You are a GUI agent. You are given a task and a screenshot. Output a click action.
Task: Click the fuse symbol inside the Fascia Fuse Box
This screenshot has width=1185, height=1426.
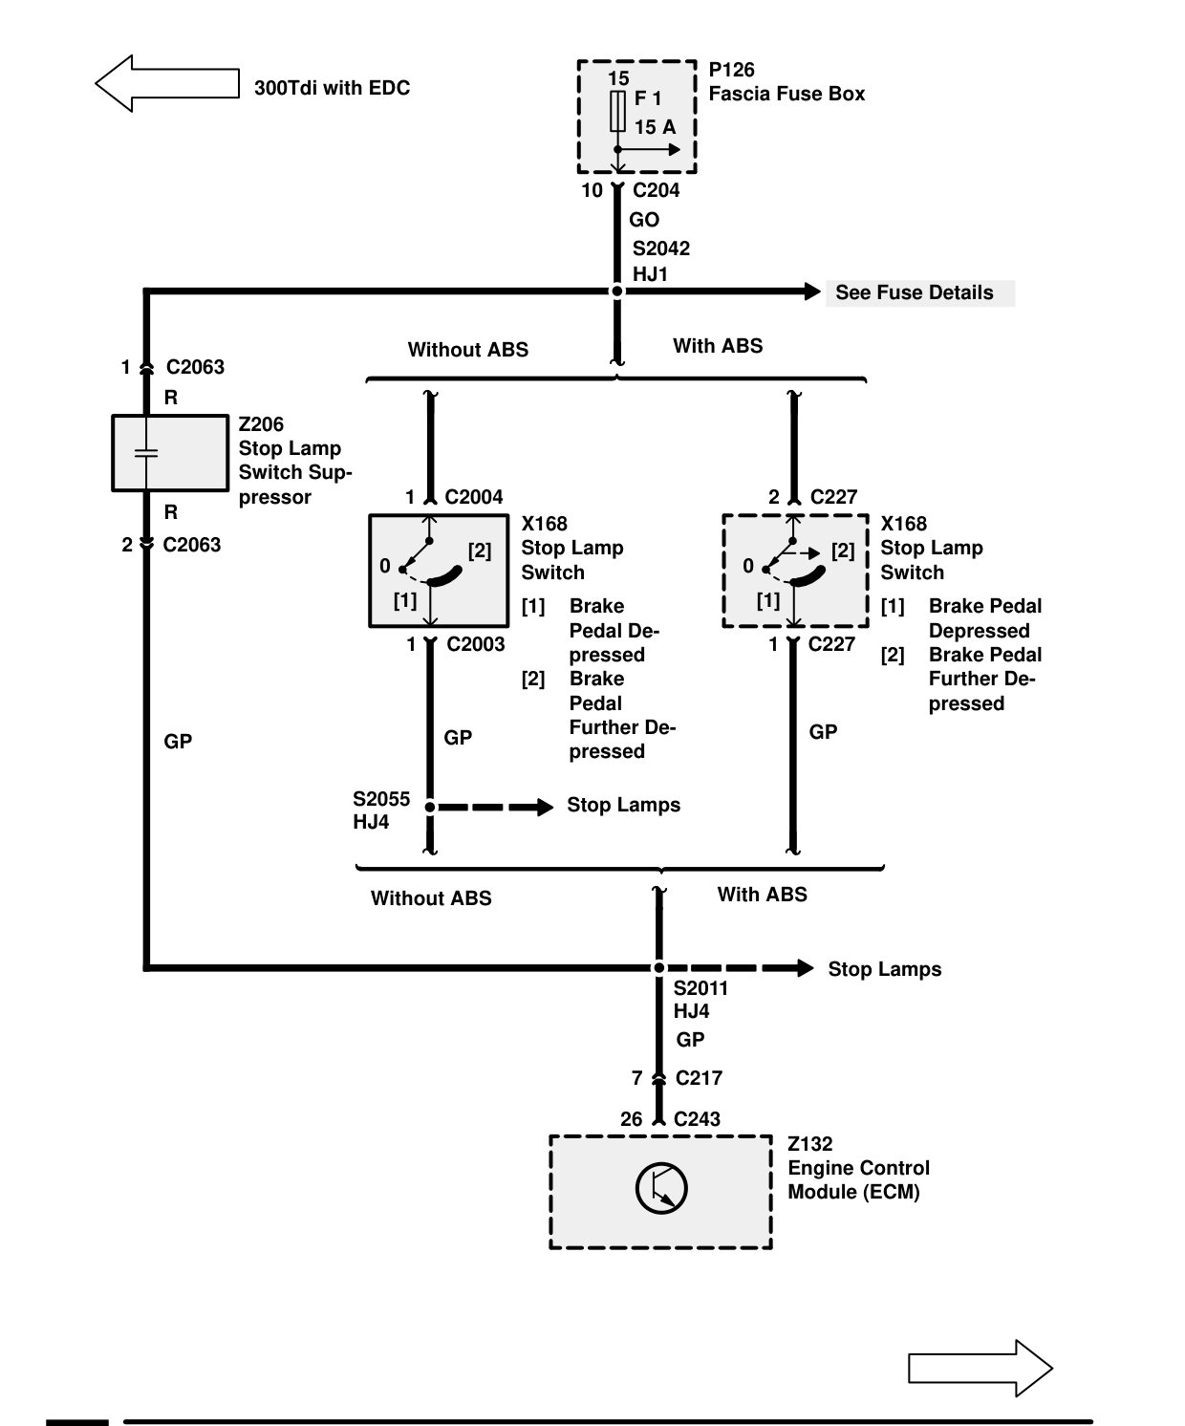[x=617, y=111]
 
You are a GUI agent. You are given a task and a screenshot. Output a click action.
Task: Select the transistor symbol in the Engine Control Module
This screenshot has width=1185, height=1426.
[x=661, y=1188]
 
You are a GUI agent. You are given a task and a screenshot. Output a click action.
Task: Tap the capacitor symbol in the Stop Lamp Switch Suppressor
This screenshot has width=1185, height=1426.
[x=146, y=453]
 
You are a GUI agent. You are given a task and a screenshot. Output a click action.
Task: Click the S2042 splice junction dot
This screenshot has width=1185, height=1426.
[x=616, y=292]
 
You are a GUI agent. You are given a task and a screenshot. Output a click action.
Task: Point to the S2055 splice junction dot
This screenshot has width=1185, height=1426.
[x=430, y=808]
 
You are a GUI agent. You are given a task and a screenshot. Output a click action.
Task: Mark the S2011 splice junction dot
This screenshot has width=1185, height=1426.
[x=659, y=968]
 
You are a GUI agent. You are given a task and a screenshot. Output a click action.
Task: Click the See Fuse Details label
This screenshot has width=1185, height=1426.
[x=915, y=292]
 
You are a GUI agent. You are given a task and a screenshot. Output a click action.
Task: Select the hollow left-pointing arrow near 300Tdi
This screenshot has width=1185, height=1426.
[x=167, y=83]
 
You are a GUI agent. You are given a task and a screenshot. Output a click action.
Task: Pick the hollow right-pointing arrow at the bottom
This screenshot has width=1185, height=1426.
[x=980, y=1368]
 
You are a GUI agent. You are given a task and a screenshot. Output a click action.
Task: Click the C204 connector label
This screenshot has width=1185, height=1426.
[x=656, y=190]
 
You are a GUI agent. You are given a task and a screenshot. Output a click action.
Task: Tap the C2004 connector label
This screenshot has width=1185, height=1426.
[x=473, y=496]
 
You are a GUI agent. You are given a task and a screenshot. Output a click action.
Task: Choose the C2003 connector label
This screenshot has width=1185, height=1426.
[x=475, y=644]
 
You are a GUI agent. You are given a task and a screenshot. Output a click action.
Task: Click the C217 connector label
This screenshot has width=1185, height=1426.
[x=699, y=1078]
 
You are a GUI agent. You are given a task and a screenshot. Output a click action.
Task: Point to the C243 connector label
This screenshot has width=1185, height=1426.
[x=697, y=1118]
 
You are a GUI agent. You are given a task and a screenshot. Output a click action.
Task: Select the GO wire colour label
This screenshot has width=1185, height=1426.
[x=644, y=220]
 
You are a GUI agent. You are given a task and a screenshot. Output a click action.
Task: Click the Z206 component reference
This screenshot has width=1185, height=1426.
[x=261, y=424]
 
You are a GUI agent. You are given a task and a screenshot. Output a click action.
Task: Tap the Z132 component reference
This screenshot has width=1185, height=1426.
[x=810, y=1144]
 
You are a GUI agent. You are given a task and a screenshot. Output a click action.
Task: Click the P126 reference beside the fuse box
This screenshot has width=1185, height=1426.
[x=731, y=70]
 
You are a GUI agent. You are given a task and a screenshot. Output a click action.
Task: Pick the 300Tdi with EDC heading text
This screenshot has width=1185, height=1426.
[x=332, y=88]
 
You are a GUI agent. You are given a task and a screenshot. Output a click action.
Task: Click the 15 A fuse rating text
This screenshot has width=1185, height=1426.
[x=655, y=127]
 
